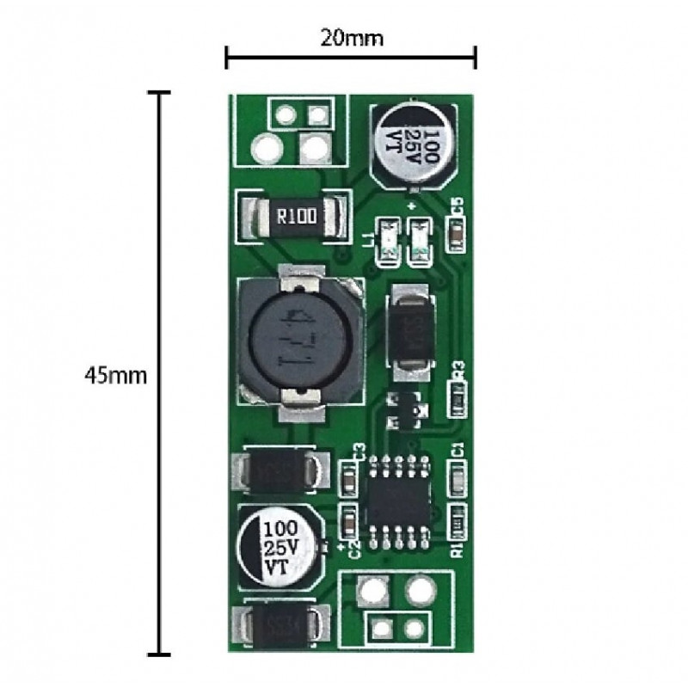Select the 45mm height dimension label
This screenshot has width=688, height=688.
(117, 376)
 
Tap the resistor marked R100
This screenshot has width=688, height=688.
(296, 216)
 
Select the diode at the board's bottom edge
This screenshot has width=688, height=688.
(283, 625)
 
